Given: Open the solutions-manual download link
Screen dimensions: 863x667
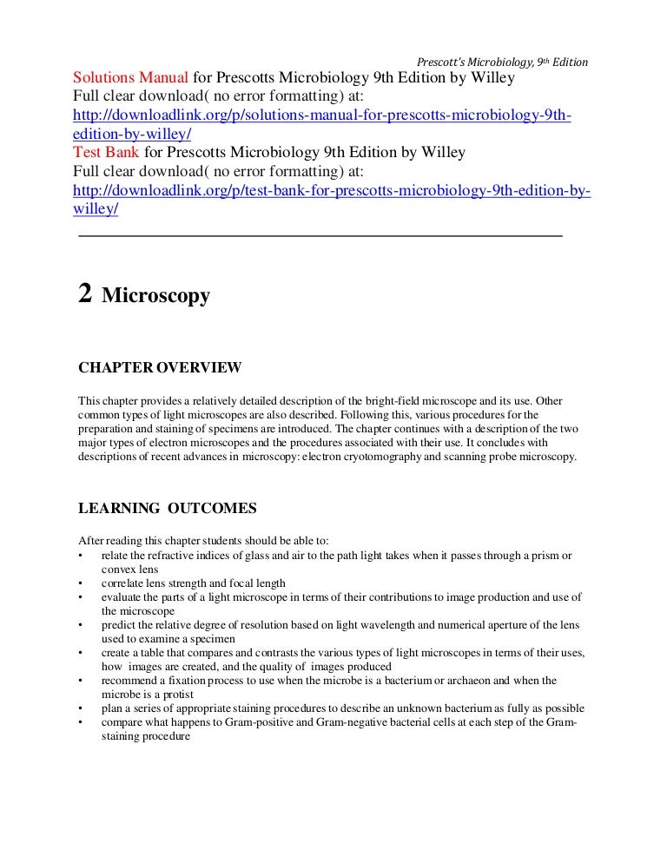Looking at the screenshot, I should point(321,116).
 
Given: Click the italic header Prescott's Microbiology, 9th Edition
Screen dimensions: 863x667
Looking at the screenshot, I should point(503,62).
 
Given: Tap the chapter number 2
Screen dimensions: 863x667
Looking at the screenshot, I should point(85,294).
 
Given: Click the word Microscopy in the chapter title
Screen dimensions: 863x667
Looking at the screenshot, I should point(156,296).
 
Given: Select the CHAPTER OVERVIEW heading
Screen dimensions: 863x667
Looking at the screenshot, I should point(160,368).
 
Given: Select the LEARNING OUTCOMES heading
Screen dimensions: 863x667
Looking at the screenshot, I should point(168,508).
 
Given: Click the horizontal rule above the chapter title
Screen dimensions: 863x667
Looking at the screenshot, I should point(320,236).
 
